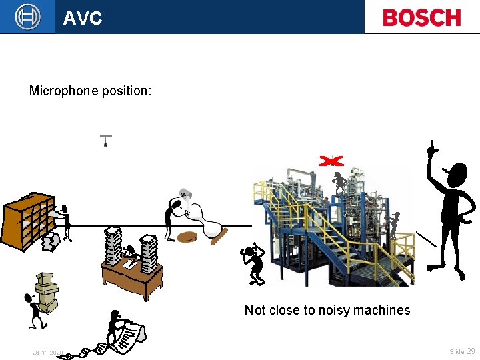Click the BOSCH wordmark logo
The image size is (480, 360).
pyautogui.click(x=422, y=17)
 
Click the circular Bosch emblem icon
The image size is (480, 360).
pyautogui.click(x=27, y=17)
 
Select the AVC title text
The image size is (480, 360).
pyautogui.click(x=83, y=18)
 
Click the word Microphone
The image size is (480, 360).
pyautogui.click(x=63, y=90)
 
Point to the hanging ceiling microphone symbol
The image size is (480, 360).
pyautogui.click(x=105, y=141)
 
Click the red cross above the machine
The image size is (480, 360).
pyautogui.click(x=331, y=161)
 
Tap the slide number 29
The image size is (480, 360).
pyautogui.click(x=471, y=351)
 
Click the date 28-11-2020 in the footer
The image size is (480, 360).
pyautogui.click(x=47, y=353)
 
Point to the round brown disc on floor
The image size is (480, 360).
pyautogui.click(x=189, y=237)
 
